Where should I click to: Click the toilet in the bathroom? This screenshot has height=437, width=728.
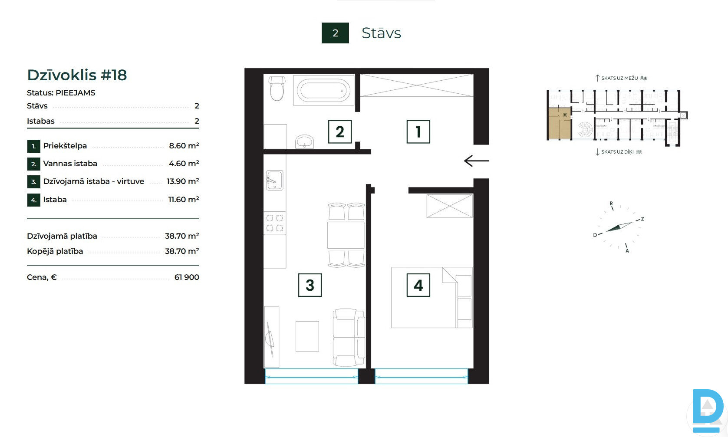[277, 89]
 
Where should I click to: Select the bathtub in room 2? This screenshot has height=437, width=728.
[324, 90]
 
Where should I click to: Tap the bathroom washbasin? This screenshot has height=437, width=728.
[304, 141]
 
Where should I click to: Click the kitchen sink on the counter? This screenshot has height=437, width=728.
[275, 181]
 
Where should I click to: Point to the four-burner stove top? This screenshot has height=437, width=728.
[275, 223]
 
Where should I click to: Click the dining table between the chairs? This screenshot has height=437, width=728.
[346, 235]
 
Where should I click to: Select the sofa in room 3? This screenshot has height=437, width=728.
[349, 337]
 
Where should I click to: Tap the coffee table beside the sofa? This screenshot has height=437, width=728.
[307, 336]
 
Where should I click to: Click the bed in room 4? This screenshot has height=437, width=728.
[432, 297]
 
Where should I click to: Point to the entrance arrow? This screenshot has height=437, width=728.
[477, 161]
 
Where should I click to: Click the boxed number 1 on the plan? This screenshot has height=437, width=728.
[418, 131]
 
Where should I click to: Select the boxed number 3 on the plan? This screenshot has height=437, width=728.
[310, 285]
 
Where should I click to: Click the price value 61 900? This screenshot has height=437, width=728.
[187, 277]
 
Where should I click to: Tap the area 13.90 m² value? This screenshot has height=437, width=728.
[183, 181]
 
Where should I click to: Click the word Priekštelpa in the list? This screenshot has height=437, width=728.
[65, 146]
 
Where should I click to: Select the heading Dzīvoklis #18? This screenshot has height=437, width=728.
[77, 75]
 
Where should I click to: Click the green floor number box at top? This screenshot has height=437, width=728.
[335, 33]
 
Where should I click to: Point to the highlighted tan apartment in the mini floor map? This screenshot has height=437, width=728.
[559, 124]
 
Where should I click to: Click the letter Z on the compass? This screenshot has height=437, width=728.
[642, 219]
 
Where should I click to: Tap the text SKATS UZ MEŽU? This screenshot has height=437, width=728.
[619, 78]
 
